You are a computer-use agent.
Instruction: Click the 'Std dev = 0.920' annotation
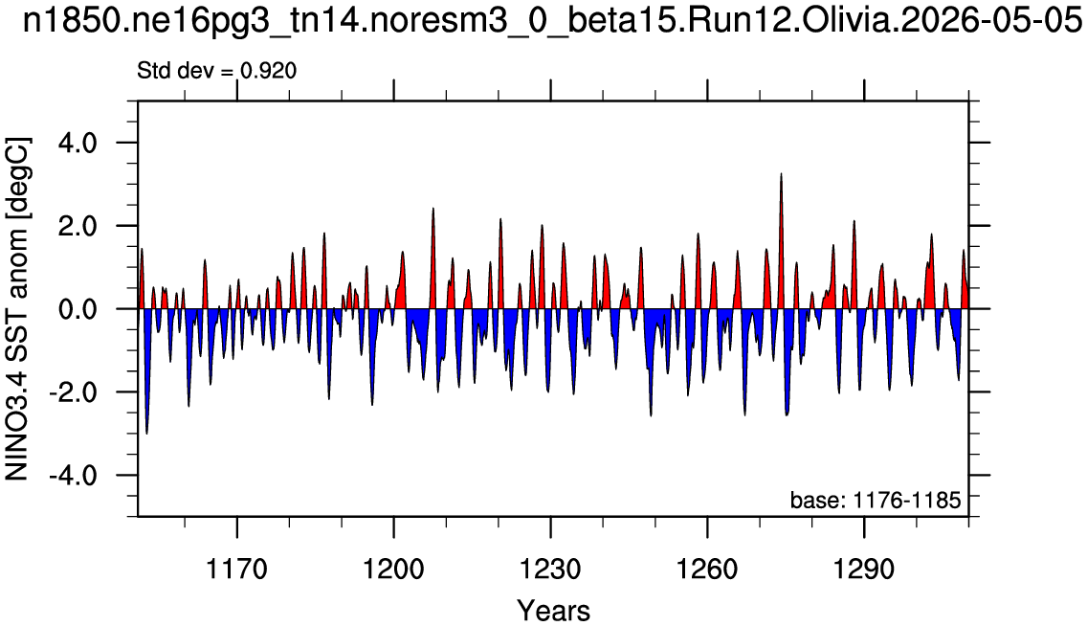[217, 71]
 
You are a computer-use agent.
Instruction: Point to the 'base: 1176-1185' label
[876, 500]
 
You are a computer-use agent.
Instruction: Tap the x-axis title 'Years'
[553, 611]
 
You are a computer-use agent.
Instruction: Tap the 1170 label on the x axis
[237, 570]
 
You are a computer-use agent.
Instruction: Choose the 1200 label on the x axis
[394, 570]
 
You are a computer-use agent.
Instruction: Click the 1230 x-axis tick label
[550, 570]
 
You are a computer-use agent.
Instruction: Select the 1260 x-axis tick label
[707, 570]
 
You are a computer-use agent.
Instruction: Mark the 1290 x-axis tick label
[864, 570]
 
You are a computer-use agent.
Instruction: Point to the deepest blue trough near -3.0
[147, 433]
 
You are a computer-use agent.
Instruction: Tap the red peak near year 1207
[433, 210]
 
